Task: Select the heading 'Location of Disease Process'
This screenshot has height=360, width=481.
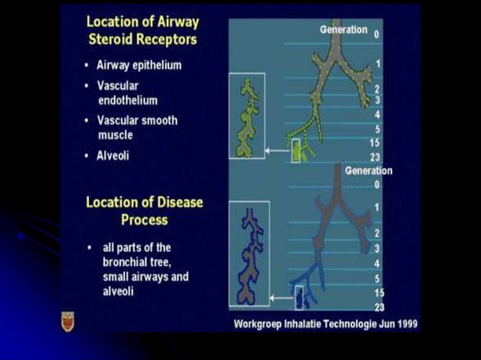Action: pyautogui.click(x=145, y=211)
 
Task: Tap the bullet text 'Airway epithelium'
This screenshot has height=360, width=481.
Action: pyautogui.click(x=138, y=66)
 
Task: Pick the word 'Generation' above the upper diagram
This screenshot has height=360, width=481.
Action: pyautogui.click(x=343, y=30)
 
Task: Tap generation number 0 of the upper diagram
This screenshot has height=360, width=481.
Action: pyautogui.click(x=376, y=34)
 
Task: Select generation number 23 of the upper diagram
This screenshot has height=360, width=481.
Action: pyautogui.click(x=375, y=156)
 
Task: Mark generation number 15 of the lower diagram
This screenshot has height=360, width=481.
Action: pyautogui.click(x=379, y=291)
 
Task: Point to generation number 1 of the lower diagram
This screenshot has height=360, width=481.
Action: pyautogui.click(x=377, y=206)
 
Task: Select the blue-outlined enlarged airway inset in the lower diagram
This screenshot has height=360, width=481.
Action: pyautogui.click(x=249, y=255)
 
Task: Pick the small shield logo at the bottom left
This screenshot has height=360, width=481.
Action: pyautogui.click(x=67, y=321)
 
